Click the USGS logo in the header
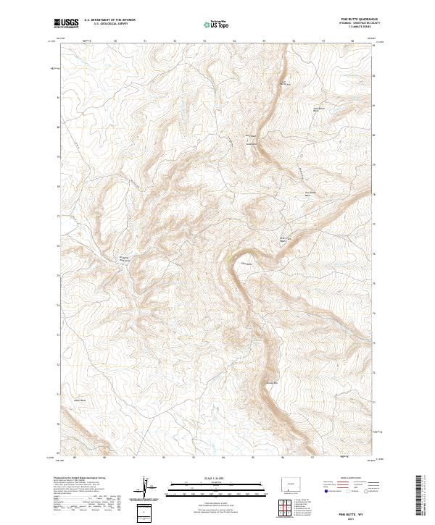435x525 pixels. coord(66,22)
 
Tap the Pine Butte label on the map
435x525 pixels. coord(244,264)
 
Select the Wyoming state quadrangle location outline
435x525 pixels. coord(288,483)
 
